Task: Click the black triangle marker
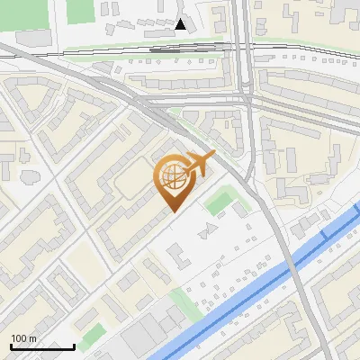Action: (181, 24)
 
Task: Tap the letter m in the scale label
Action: (34, 338)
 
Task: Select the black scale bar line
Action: (41, 346)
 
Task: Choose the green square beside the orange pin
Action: (218, 202)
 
